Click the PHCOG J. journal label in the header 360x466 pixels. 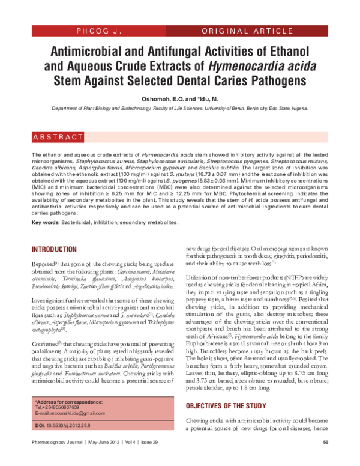[x=100, y=30]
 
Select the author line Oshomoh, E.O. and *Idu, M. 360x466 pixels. [x=179, y=98]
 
